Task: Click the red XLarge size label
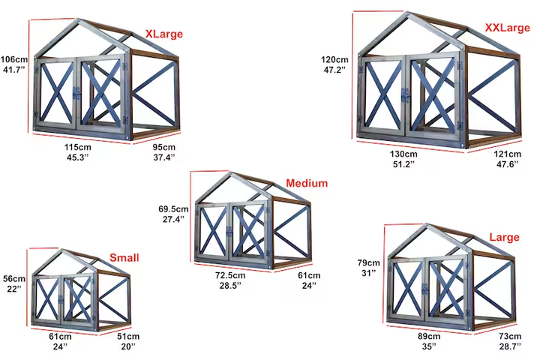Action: point(163,34)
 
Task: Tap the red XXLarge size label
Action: point(507,28)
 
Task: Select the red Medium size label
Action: point(306,183)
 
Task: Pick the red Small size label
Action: point(124,257)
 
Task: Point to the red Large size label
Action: point(504,238)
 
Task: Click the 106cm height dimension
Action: point(13,59)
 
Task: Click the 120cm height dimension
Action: point(335,59)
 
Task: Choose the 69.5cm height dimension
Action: point(173,208)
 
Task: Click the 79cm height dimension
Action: point(369,263)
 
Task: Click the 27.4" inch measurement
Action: point(173,220)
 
